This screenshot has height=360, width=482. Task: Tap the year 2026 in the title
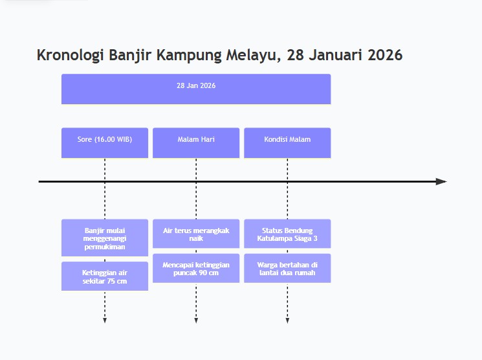coord(385,56)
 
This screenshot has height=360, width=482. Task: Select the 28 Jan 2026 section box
coord(196,89)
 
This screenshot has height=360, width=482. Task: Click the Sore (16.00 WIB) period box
coord(105,142)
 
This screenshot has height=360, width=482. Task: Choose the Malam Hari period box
coord(196,142)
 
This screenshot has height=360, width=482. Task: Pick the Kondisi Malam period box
coord(287,142)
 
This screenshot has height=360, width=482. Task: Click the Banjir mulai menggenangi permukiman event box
coord(105,238)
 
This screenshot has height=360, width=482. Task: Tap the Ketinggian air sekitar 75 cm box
coord(105,276)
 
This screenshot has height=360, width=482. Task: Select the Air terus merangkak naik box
coord(196,234)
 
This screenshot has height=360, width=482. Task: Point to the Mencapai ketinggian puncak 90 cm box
coord(196,268)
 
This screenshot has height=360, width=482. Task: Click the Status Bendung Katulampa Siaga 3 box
coord(287,234)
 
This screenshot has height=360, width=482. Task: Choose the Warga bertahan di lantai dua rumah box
coord(287,268)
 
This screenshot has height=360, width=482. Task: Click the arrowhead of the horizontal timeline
coord(441,182)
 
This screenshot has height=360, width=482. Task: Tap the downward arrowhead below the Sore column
coord(105,320)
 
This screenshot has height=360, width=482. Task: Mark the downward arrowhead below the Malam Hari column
coord(196,320)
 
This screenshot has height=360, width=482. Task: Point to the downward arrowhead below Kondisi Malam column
coord(287,320)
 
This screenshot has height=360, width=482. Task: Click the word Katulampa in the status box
coord(274,238)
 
